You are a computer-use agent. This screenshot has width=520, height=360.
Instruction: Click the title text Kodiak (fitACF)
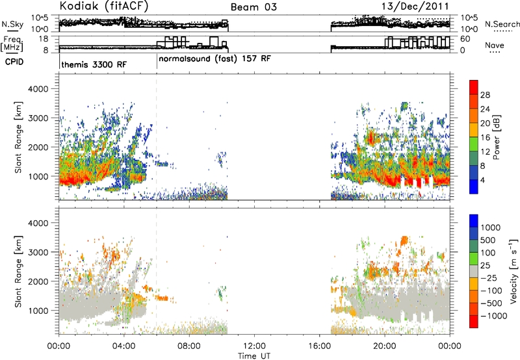[104, 6]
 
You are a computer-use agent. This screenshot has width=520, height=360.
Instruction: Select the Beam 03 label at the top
[253, 7]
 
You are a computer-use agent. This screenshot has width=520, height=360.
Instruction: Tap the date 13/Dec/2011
[415, 6]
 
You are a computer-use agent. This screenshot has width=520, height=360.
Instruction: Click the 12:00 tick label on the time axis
[254, 346]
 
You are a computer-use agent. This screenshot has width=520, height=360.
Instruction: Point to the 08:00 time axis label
[189, 346]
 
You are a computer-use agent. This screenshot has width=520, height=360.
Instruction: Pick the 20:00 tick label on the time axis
[385, 346]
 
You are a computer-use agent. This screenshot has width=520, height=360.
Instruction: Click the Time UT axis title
[254, 355]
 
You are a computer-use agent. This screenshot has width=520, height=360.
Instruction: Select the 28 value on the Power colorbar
[485, 95]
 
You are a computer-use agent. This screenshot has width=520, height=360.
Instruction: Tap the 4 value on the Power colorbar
[482, 180]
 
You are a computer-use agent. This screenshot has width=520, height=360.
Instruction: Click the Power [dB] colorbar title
[497, 137]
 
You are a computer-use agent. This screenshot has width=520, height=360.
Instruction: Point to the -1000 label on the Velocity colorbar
[494, 316]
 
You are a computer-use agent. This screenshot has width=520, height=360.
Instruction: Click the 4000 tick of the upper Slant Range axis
[38, 89]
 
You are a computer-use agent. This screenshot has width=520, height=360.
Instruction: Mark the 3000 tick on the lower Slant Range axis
[38, 252]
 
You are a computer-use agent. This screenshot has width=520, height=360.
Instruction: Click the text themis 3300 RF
[94, 64]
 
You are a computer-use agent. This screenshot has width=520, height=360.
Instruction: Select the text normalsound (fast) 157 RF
[215, 59]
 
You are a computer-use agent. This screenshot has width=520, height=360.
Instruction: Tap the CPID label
[14, 62]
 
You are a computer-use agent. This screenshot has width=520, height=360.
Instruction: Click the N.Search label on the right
[502, 24]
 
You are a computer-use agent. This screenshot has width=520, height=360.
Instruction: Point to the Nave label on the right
[494, 45]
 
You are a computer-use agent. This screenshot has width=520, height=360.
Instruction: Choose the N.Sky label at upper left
[12, 24]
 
